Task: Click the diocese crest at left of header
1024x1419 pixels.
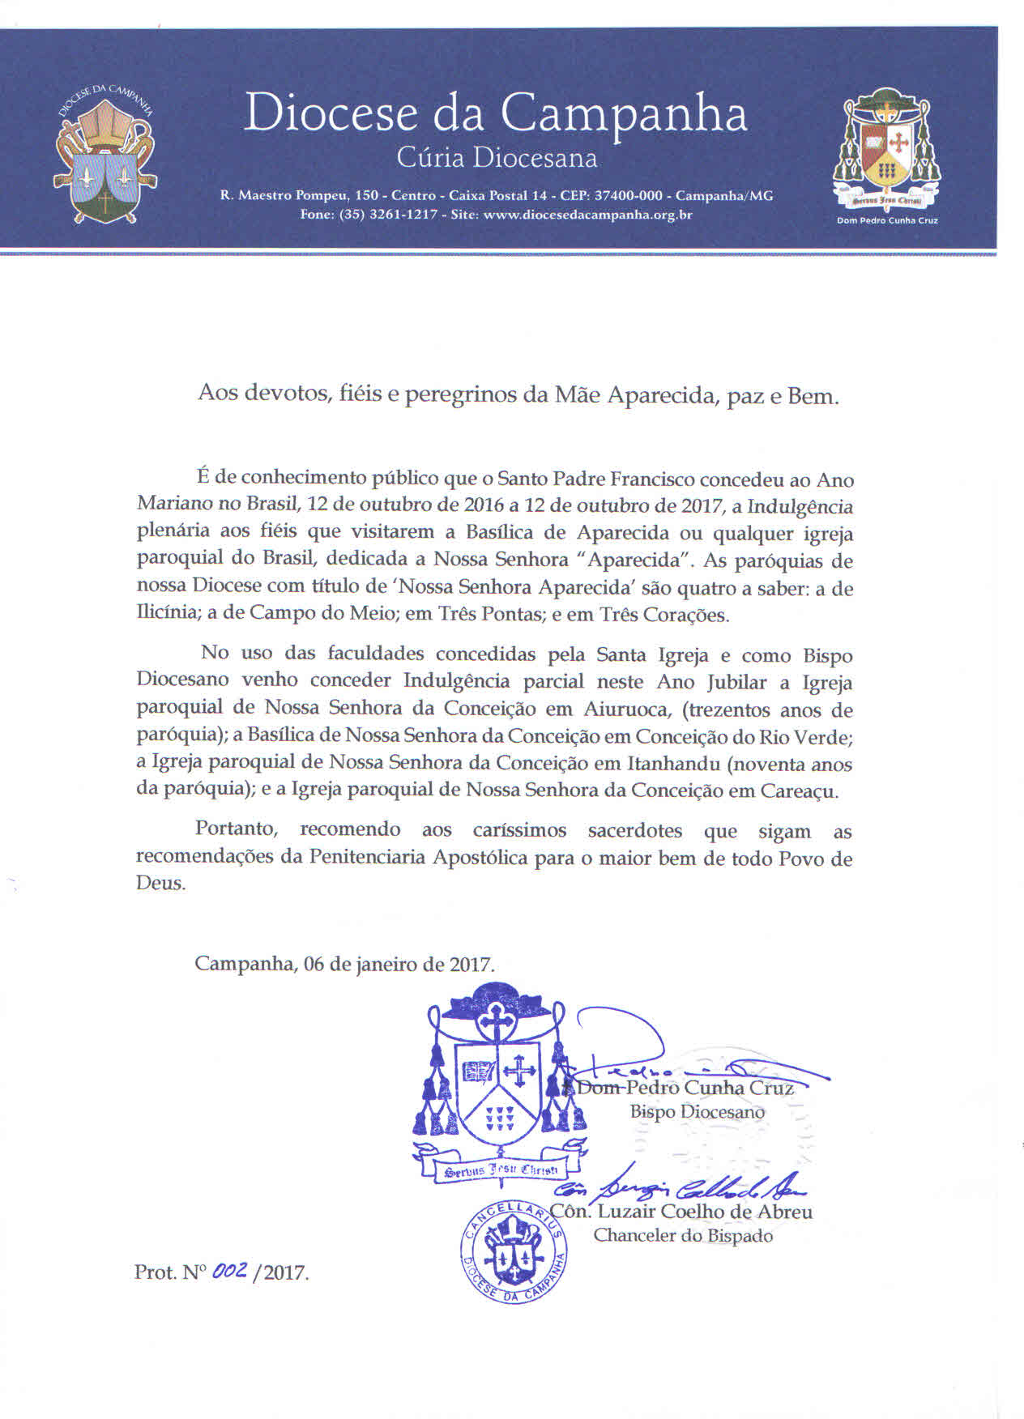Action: (105, 155)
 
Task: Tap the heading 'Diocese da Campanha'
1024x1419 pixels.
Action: (495, 114)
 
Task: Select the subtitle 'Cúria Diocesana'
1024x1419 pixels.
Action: (497, 158)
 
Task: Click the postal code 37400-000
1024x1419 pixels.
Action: (629, 196)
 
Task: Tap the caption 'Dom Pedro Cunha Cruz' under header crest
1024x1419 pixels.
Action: (887, 220)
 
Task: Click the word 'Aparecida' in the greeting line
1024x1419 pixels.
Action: (658, 395)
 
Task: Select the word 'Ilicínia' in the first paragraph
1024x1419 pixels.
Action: (167, 614)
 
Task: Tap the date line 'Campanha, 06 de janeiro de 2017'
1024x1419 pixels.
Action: (344, 964)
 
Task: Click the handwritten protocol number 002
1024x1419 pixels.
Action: (229, 1272)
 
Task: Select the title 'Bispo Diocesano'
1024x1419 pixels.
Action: (697, 1112)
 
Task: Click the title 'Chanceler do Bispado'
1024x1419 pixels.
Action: (682, 1236)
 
